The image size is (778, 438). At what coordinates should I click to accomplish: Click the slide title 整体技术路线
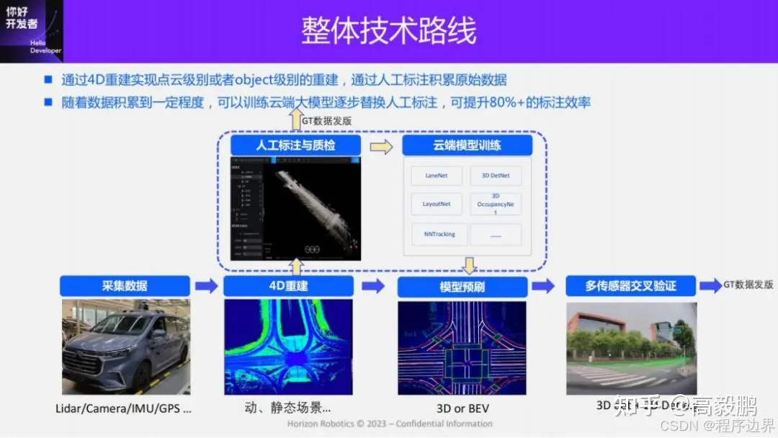click(x=388, y=32)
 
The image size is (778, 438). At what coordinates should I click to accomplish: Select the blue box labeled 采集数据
click(x=125, y=286)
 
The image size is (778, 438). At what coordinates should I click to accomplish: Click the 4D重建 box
click(x=288, y=286)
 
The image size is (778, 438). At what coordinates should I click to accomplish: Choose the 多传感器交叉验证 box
click(x=630, y=286)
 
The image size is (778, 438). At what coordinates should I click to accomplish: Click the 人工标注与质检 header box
click(x=296, y=146)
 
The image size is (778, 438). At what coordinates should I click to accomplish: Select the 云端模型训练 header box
click(x=467, y=146)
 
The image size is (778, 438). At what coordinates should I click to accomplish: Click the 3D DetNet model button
click(x=495, y=175)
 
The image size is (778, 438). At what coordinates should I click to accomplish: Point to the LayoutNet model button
click(x=437, y=204)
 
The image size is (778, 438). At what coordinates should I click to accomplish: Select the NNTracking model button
click(x=439, y=234)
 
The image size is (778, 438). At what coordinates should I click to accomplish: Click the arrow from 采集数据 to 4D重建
click(x=206, y=286)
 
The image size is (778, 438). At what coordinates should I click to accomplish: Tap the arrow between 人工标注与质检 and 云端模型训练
click(x=381, y=146)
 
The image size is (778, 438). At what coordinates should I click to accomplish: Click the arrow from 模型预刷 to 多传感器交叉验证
click(x=543, y=286)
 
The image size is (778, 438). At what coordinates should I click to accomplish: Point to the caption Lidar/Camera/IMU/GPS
click(x=123, y=408)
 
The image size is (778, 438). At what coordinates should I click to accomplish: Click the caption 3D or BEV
click(x=462, y=408)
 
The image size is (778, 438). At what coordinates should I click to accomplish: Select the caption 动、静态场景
click(x=288, y=408)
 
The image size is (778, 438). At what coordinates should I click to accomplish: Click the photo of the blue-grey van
click(x=125, y=347)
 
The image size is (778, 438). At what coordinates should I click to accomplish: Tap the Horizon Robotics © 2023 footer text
click(x=390, y=424)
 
